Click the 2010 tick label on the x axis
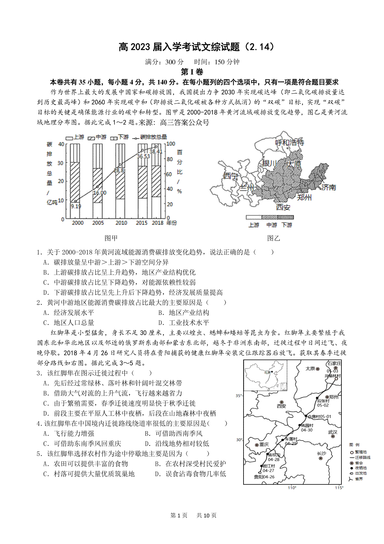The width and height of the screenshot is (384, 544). click(121, 223)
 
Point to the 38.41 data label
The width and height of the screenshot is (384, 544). click(156, 152)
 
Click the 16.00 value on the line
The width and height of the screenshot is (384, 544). click(100, 193)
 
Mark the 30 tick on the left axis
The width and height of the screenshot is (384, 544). click(60, 163)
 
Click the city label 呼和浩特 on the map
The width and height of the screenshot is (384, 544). click(290, 143)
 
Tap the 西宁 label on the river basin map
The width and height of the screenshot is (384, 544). click(231, 176)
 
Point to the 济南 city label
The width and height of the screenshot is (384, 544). click(329, 187)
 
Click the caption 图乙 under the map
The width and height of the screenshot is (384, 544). click(274, 238)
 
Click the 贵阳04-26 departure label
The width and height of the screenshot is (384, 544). click(264, 477)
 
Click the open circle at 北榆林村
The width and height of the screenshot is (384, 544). click(336, 379)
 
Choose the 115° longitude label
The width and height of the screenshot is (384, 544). click(339, 488)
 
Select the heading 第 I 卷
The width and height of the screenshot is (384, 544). click(192, 72)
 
